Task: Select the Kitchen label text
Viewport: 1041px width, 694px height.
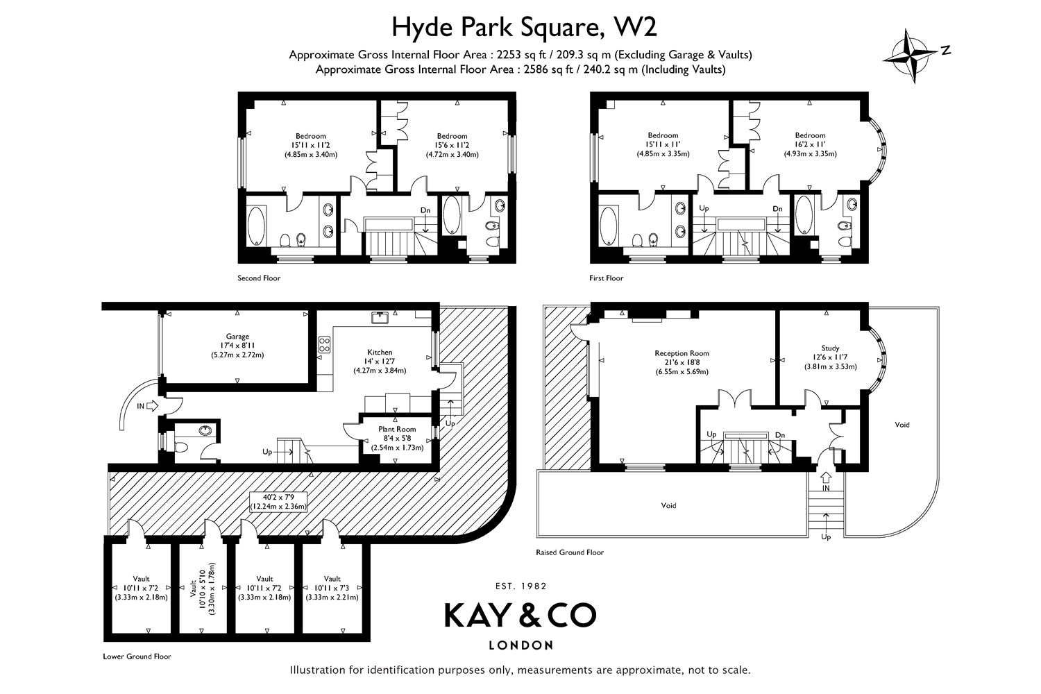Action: tap(380, 353)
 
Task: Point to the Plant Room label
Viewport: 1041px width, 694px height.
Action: tap(397, 429)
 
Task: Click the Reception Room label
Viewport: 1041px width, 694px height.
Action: tap(682, 353)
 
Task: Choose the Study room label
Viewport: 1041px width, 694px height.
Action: tap(830, 348)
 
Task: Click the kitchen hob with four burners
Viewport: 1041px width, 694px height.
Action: tap(324, 344)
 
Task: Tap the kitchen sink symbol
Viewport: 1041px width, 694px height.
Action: tap(380, 317)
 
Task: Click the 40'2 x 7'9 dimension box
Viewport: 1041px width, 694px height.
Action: tap(278, 501)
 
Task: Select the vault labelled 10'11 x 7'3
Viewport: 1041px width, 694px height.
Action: tap(332, 588)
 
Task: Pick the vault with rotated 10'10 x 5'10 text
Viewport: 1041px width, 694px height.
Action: tap(203, 588)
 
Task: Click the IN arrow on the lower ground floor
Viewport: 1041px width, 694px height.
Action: tap(152, 406)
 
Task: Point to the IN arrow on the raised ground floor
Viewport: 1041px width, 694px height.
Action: tap(826, 477)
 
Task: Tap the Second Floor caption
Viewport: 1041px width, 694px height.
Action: tap(259, 278)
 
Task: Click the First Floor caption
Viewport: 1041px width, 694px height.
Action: tap(606, 278)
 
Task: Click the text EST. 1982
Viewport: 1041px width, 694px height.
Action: tap(521, 586)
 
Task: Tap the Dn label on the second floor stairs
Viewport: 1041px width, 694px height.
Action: tap(425, 210)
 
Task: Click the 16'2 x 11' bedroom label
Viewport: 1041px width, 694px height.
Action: tap(810, 144)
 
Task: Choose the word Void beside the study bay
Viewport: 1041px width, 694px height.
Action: tap(902, 425)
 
